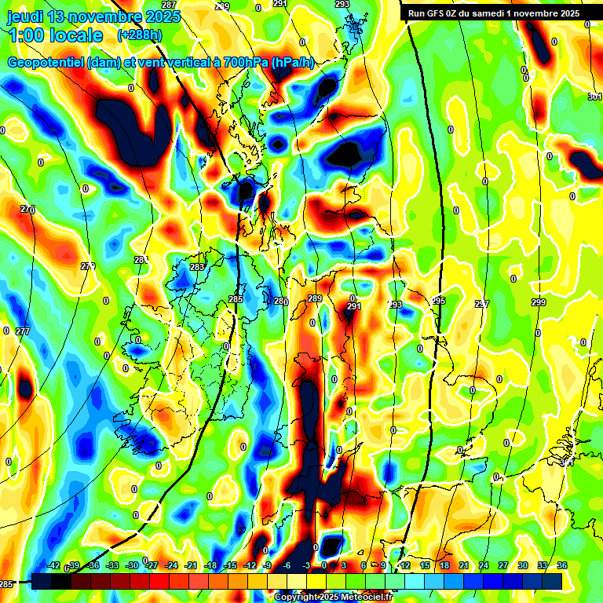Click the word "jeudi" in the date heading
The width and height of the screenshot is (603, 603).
[26, 16]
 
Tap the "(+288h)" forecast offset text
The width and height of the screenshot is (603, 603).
[140, 35]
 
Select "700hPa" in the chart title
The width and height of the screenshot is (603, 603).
[243, 63]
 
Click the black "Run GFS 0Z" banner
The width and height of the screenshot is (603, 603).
[493, 13]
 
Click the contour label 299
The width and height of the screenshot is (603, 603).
[538, 303]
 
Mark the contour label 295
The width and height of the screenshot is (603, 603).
[438, 301]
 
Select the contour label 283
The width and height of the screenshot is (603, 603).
[196, 268]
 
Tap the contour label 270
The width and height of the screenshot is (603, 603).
[27, 210]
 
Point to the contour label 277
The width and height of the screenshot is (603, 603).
[23, 331]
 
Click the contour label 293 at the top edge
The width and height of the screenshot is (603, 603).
[342, 5]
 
